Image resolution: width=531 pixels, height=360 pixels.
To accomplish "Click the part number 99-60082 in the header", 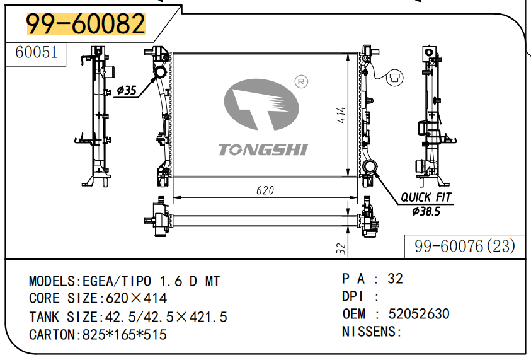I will [86, 24].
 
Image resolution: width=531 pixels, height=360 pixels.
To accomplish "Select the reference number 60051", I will [36, 53].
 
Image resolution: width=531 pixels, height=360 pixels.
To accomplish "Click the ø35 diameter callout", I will [126, 91].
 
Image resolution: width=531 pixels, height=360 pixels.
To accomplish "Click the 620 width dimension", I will [265, 190].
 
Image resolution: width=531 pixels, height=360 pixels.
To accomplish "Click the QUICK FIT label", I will [426, 197].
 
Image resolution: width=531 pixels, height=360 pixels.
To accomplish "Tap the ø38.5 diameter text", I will [426, 211].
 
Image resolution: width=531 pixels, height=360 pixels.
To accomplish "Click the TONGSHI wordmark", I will [263, 149].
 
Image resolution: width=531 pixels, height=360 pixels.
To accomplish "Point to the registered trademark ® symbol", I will [300, 81].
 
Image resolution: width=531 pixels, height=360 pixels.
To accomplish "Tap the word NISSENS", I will [369, 332].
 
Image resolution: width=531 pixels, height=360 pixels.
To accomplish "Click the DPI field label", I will [353, 296].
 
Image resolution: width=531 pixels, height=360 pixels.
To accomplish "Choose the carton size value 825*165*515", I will [125, 335].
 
